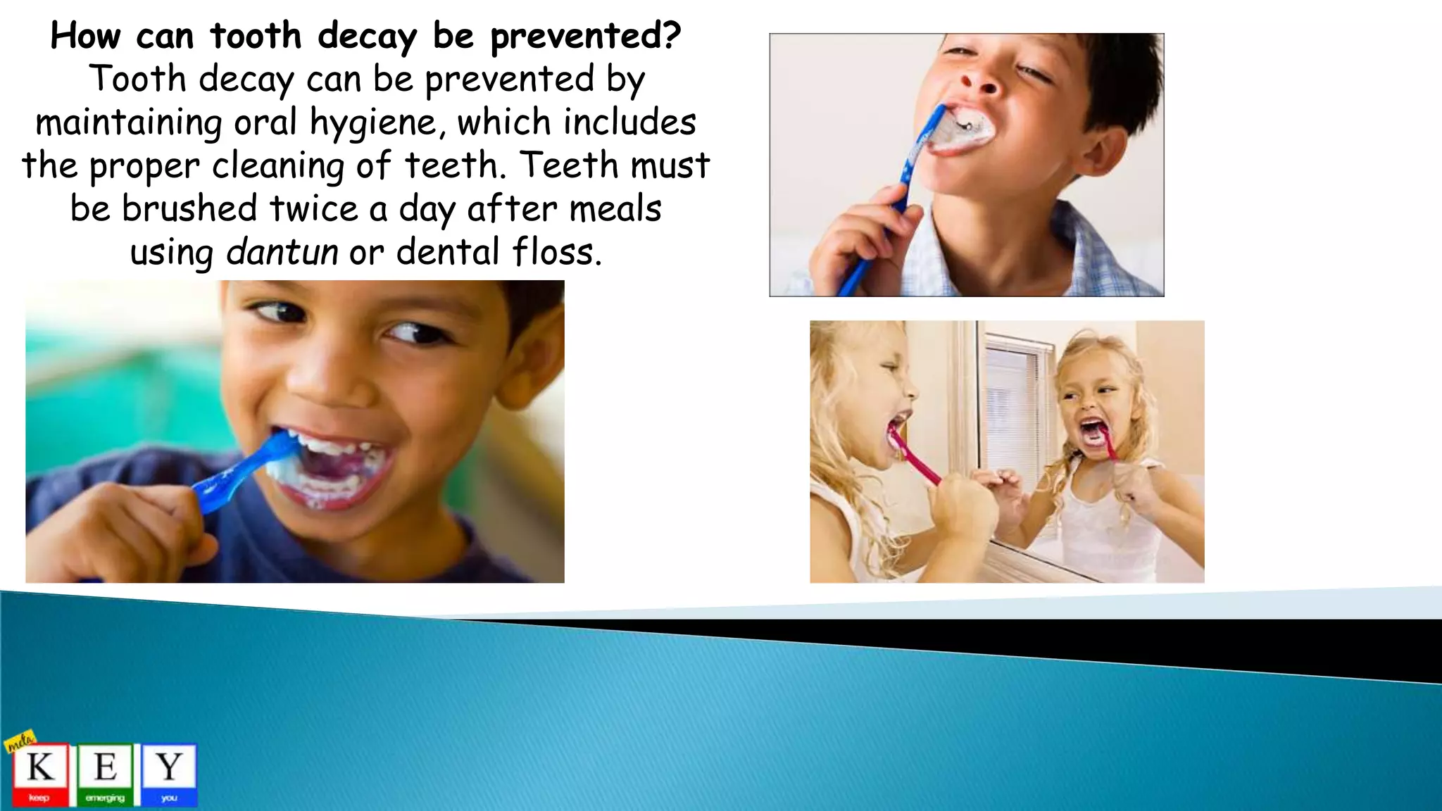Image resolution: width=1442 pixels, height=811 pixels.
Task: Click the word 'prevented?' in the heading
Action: point(586,37)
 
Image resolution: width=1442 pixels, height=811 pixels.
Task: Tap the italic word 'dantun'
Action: point(282,252)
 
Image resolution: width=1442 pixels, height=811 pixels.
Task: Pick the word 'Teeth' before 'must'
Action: point(568,165)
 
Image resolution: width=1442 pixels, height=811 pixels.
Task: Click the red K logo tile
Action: point(40,773)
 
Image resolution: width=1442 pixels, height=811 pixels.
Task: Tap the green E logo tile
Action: point(105,773)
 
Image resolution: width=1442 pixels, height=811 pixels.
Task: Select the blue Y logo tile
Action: point(169,773)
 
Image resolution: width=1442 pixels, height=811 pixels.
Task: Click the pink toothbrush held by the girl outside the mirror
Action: point(913,458)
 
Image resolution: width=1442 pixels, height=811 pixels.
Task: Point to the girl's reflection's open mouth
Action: point(1093,432)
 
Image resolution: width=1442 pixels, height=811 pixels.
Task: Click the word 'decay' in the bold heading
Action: point(367,37)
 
